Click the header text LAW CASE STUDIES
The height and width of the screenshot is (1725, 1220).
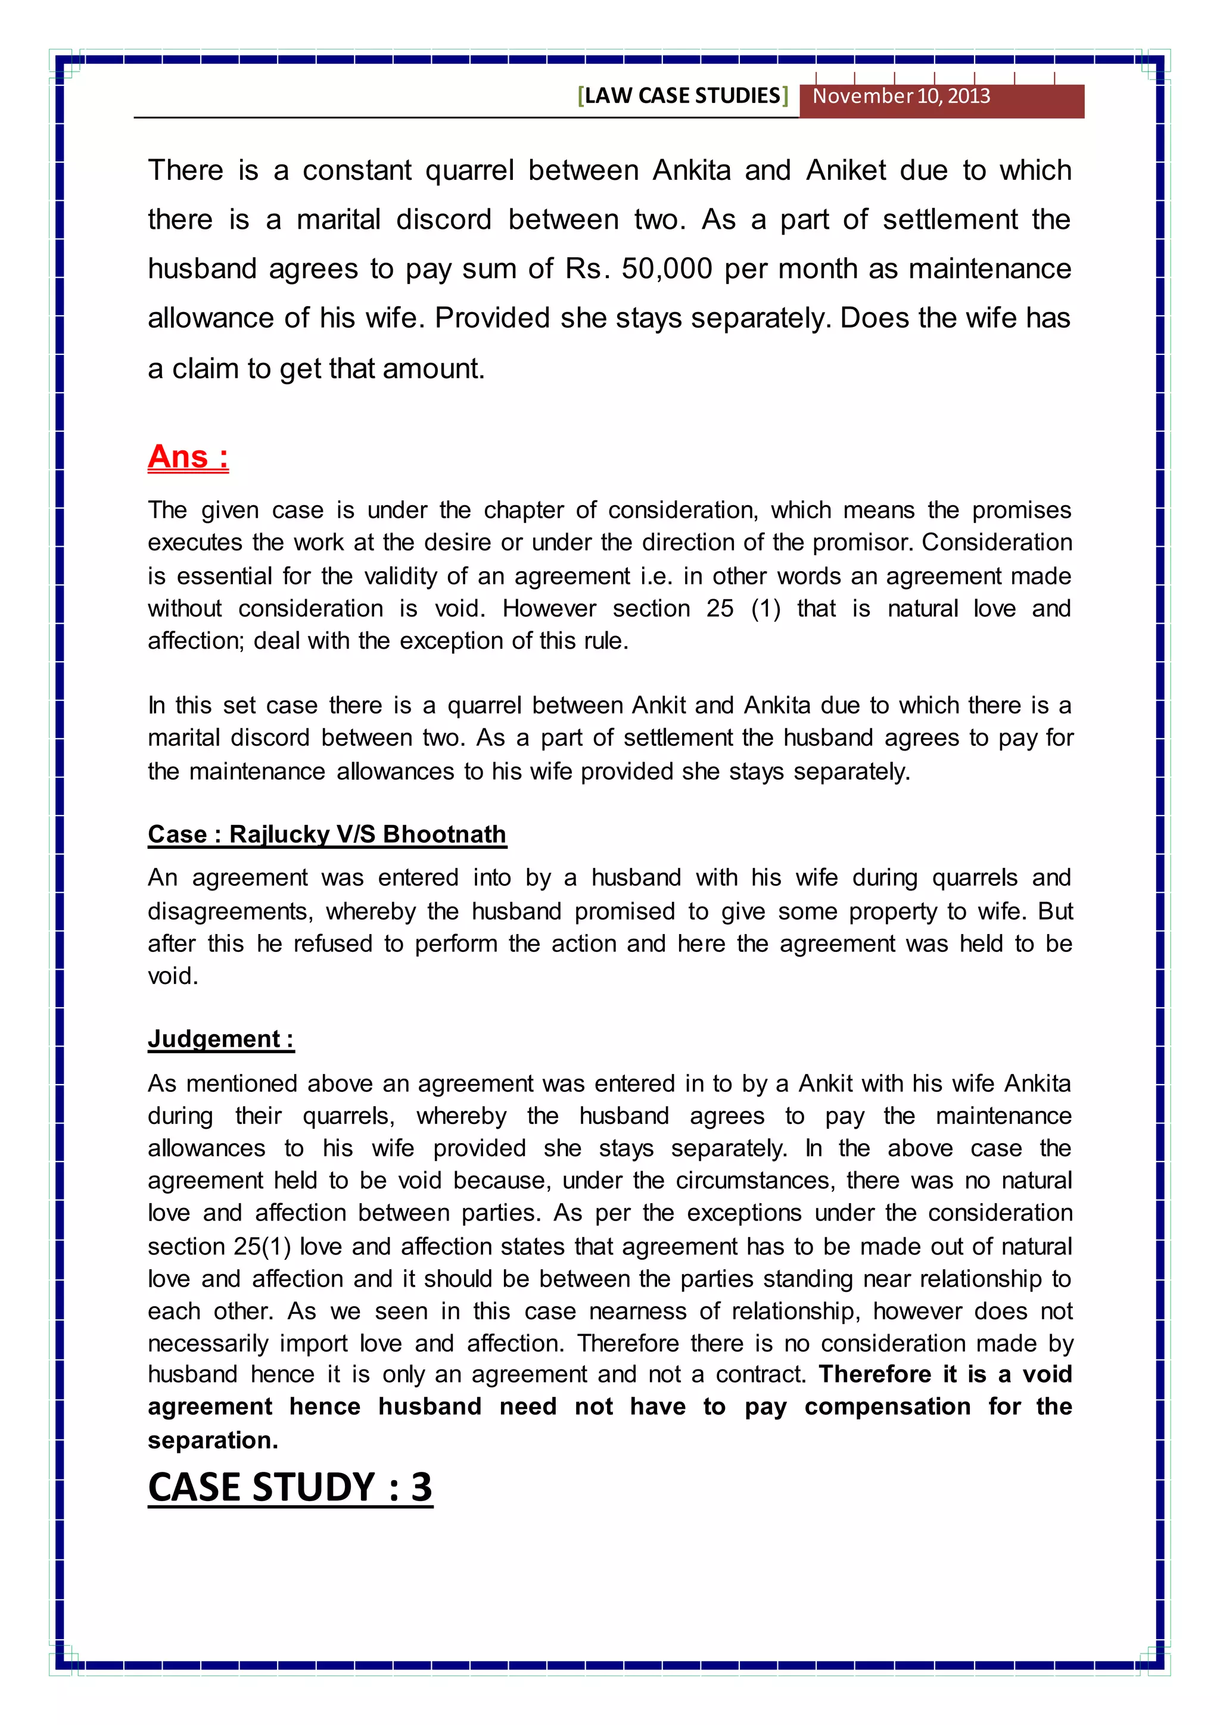pos(683,96)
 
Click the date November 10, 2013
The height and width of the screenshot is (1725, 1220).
pos(901,96)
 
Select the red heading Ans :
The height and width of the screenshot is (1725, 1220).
pos(188,456)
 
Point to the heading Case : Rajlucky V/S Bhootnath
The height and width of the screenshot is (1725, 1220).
pos(327,834)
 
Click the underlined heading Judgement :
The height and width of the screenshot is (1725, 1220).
pos(221,1038)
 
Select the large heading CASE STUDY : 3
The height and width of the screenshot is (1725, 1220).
pos(290,1487)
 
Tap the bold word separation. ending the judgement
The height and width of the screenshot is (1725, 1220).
pos(213,1440)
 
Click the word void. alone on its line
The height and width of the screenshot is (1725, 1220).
pos(173,976)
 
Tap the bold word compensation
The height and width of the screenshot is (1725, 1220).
pos(887,1406)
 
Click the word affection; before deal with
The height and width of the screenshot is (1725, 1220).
pos(196,641)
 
